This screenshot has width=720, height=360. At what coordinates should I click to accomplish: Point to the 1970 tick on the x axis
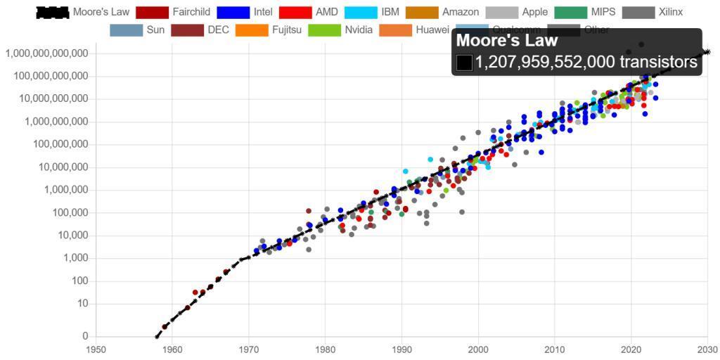point(248,349)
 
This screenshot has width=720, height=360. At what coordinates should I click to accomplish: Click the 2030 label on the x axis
point(707,349)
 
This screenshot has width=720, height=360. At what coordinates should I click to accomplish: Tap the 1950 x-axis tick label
point(96,349)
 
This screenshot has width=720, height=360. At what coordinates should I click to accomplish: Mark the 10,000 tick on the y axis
point(70,236)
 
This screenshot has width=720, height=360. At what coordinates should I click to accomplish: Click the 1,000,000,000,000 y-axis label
point(47,53)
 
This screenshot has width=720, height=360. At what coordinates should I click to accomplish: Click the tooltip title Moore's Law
point(507,41)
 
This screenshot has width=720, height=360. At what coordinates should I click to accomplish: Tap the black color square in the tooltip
point(464,63)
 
